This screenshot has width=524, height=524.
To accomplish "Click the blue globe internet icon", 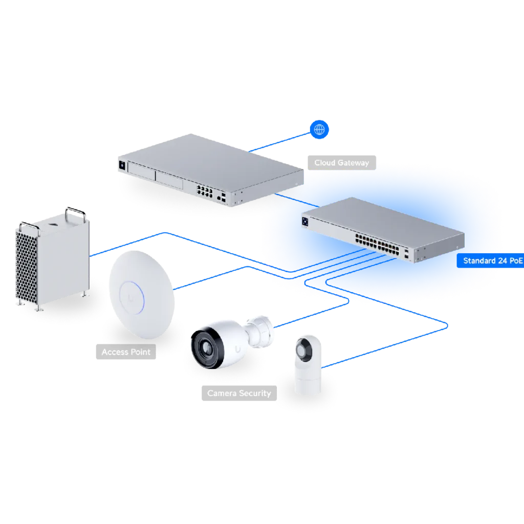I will (320, 129).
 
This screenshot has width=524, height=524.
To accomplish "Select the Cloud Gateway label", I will (341, 163).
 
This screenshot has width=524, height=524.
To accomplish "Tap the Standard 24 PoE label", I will (493, 261).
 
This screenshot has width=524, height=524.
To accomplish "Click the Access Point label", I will (126, 352).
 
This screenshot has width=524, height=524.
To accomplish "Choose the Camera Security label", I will (238, 394).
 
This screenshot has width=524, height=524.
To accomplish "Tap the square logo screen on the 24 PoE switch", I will (306, 221).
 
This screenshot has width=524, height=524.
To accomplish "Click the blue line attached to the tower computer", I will (128, 244).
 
